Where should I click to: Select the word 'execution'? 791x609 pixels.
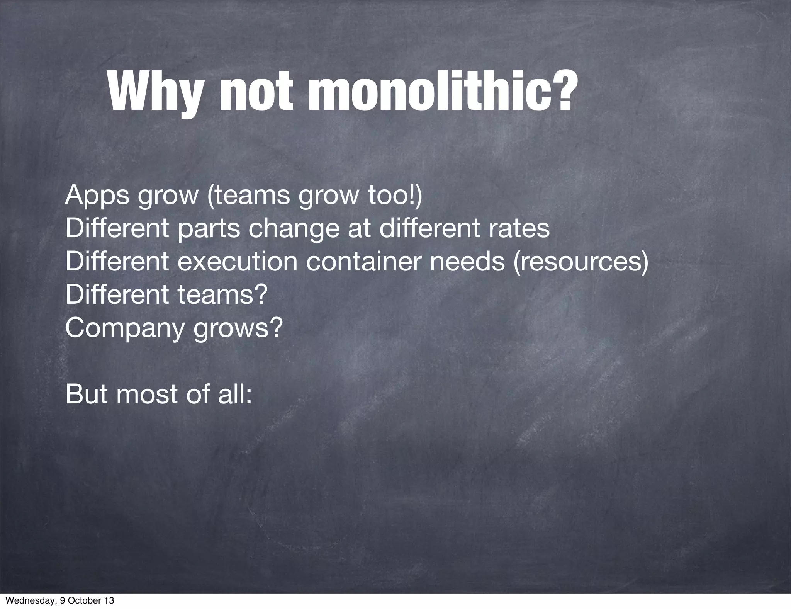238,262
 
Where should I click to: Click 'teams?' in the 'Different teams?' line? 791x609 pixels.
222,295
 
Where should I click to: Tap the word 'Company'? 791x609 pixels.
123,329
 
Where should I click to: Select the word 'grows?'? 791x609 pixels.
238,329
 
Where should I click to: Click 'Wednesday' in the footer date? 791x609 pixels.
25,601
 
